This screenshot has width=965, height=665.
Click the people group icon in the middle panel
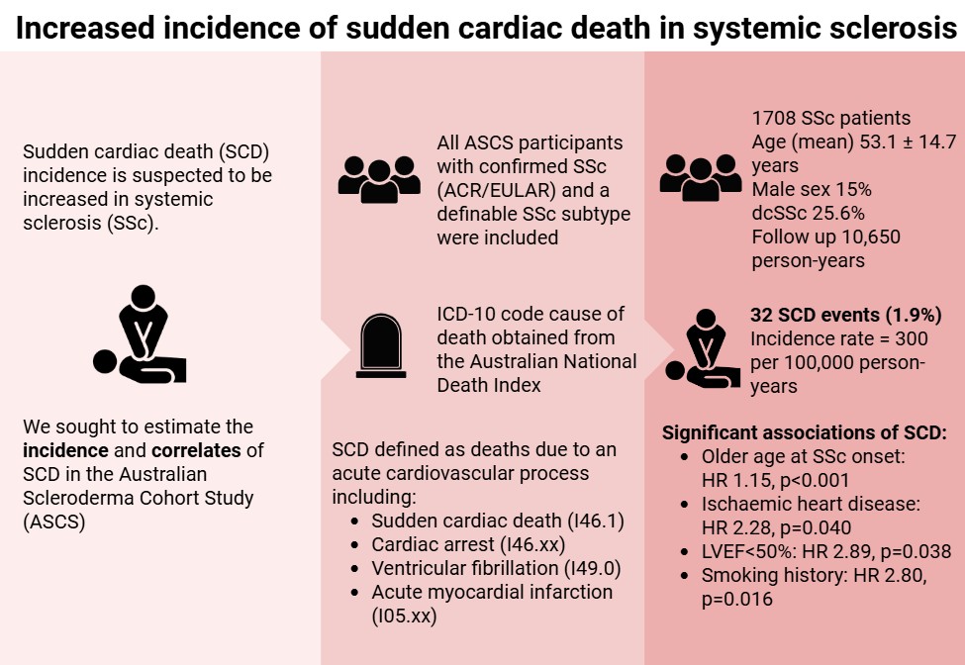tap(379, 174)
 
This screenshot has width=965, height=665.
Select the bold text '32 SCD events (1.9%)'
tap(846, 316)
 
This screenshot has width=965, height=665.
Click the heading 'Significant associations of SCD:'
tap(805, 432)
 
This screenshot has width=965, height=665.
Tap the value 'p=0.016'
tap(736, 599)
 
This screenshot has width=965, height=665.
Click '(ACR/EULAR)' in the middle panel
tap(496, 190)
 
